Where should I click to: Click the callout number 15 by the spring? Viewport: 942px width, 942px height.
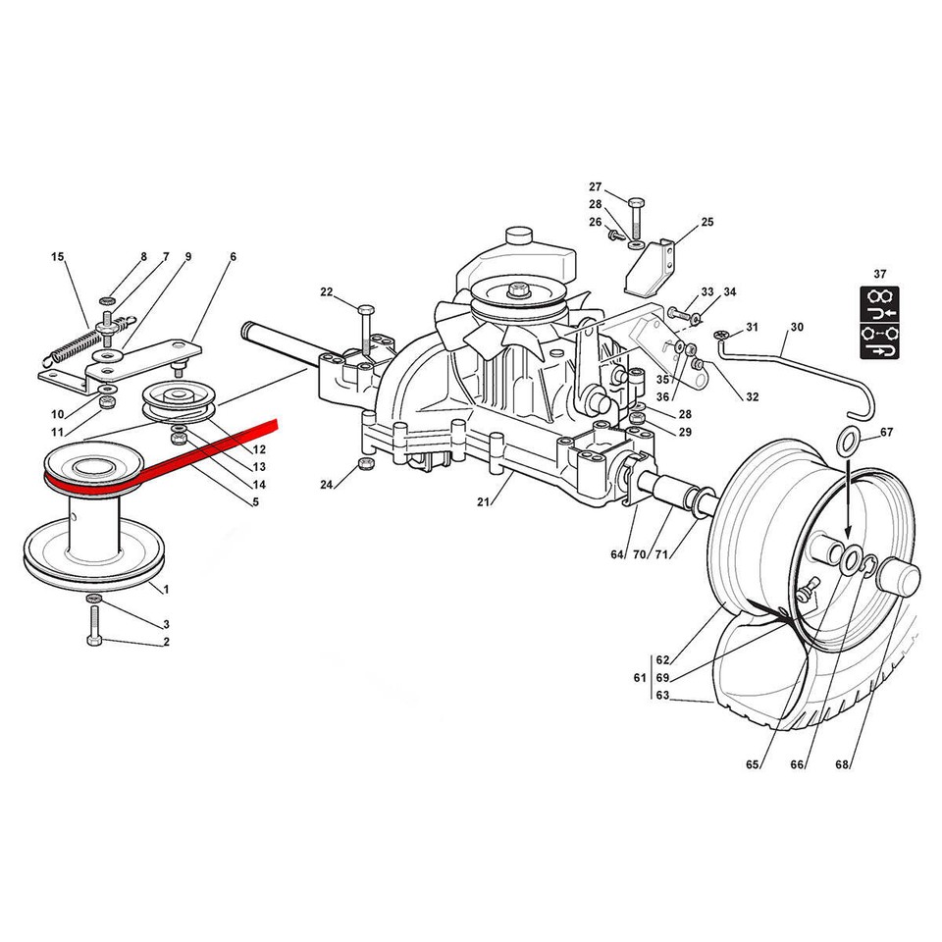57,257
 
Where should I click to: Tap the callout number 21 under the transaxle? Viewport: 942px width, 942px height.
483,503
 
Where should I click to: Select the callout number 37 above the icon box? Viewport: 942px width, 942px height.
878,275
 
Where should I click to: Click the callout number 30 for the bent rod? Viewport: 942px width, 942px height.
796,327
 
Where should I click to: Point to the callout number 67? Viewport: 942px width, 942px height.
886,433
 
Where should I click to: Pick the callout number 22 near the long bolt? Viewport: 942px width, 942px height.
327,291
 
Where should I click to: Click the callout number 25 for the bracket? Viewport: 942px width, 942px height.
707,224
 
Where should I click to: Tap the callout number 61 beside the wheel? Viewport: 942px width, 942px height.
639,678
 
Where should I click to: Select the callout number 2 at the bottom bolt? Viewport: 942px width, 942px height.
166,643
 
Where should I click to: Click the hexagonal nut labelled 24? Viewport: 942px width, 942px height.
367,463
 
